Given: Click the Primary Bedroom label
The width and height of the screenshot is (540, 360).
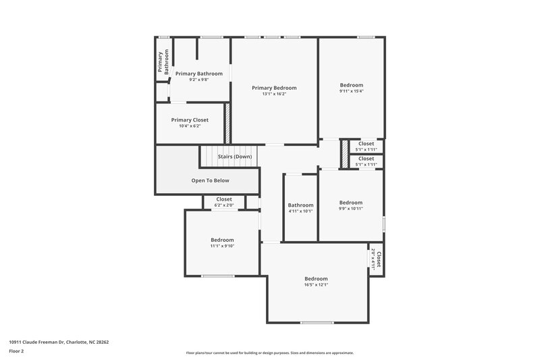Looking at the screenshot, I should (274, 88).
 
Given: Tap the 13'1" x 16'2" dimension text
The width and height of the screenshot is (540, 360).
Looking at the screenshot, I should (274, 94).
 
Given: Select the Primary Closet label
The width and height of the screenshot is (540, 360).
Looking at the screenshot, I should (190, 120).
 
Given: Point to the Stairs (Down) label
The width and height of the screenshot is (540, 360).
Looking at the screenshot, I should (235, 157).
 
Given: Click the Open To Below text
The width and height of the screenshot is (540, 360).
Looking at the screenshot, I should (211, 180).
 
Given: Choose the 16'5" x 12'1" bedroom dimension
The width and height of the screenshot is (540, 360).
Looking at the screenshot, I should (316, 284).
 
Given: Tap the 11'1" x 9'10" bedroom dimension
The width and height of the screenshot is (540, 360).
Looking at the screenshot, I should (222, 246).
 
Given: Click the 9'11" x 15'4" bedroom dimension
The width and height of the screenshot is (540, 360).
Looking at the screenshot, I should (351, 91).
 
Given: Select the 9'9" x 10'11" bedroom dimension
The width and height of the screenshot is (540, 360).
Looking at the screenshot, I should (351, 209).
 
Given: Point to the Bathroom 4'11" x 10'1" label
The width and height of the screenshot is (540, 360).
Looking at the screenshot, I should (300, 205).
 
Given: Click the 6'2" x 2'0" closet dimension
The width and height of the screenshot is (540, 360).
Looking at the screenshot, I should (223, 205).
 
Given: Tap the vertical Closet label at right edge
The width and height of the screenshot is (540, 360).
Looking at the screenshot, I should (379, 259).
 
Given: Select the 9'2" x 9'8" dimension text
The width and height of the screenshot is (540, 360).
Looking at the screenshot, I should (198, 80).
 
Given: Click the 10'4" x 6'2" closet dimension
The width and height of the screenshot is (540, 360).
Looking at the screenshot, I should (190, 126).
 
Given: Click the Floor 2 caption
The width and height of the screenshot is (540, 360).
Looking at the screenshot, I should (17, 351).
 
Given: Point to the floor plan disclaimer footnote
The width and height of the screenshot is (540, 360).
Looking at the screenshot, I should (269, 353).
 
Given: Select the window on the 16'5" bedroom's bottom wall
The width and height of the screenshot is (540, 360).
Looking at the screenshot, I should (317, 322).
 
